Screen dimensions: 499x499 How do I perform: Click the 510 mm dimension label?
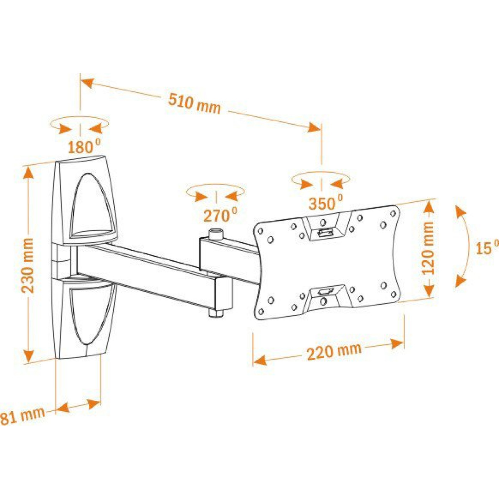[x=195, y=103]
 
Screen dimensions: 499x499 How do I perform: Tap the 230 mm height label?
[x=28, y=265]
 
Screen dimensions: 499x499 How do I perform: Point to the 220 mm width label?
[x=334, y=351]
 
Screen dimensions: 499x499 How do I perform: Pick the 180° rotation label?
[x=84, y=147]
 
